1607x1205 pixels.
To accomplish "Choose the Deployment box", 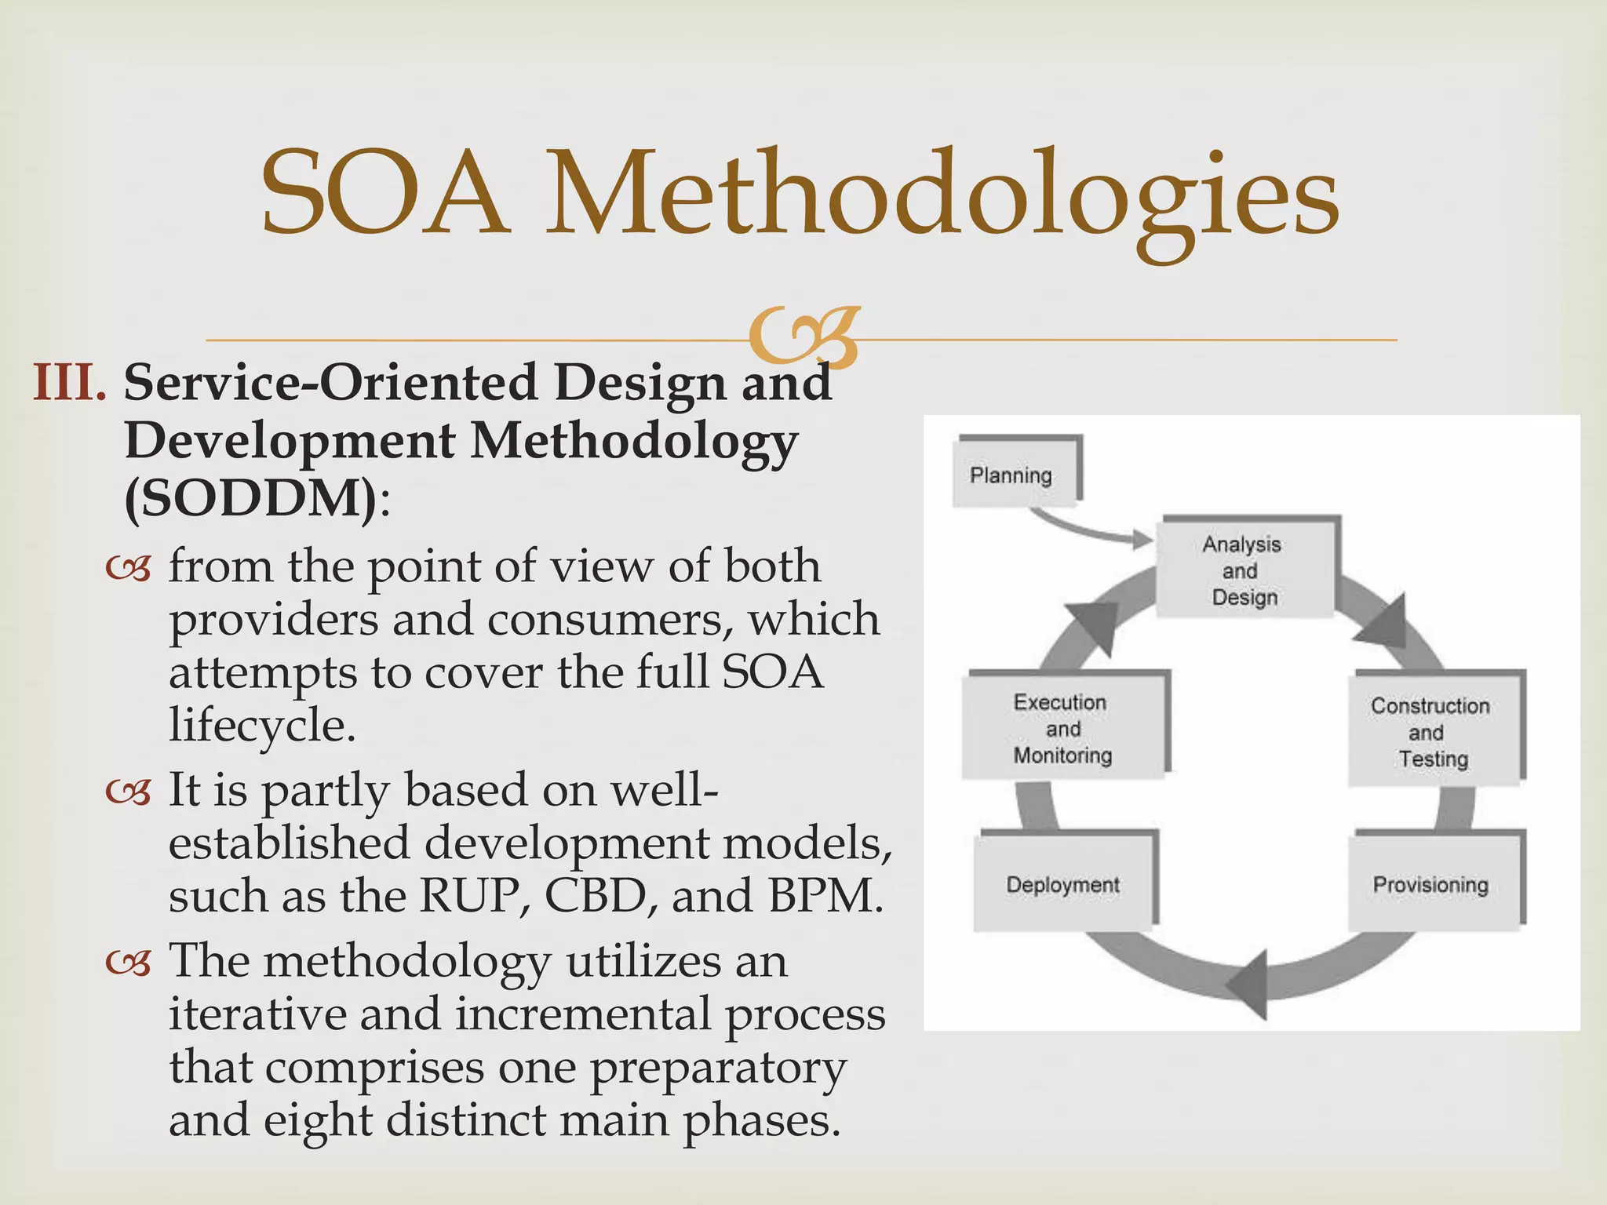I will point(1063,884).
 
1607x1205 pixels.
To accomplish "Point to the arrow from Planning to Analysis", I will point(1091,528).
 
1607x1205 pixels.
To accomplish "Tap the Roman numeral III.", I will point(69,383).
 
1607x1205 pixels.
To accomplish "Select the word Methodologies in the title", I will point(942,196).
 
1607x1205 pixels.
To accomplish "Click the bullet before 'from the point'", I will point(128,568).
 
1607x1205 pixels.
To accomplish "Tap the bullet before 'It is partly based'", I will point(128,792).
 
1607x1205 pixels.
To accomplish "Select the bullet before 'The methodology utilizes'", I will point(128,963).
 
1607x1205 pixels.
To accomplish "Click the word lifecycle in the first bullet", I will point(262,726).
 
